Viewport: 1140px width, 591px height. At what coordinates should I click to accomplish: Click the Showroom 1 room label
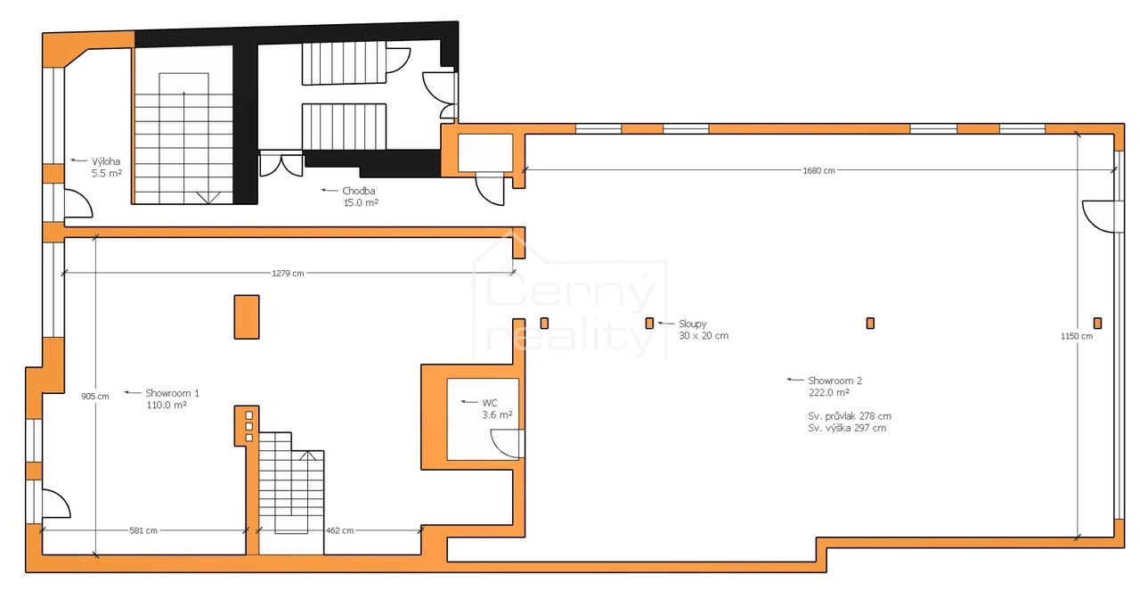coord(172,393)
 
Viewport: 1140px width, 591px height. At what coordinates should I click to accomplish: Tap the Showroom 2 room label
coord(835,381)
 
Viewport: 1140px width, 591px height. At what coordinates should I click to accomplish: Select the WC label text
coord(490,403)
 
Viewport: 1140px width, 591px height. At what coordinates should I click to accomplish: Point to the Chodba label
coord(359,191)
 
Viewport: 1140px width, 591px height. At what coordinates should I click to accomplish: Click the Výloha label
coord(106,161)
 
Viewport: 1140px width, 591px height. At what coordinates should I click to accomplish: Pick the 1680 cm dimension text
coord(818,170)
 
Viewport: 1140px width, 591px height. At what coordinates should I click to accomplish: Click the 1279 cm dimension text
coord(288,274)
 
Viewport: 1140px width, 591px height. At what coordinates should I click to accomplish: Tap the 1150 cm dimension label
coord(1077,336)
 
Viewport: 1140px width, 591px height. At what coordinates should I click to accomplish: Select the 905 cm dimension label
coord(94,397)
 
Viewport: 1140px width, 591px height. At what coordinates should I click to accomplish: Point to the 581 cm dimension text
coord(143,530)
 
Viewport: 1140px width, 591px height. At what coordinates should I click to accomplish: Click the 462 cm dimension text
coord(339,530)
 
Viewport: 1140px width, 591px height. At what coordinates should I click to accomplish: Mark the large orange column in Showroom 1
coord(247,317)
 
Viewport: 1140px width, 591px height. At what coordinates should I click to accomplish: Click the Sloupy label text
coord(693,324)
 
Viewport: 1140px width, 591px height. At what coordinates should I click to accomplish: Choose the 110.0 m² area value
coord(167,406)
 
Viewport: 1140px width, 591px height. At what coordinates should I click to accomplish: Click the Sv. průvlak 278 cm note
coord(850,416)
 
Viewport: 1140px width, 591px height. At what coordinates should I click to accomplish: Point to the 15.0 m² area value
coord(361,202)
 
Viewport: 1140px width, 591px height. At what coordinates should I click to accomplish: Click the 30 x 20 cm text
coord(704,336)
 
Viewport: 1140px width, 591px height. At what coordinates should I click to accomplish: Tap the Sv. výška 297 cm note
coord(847,429)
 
